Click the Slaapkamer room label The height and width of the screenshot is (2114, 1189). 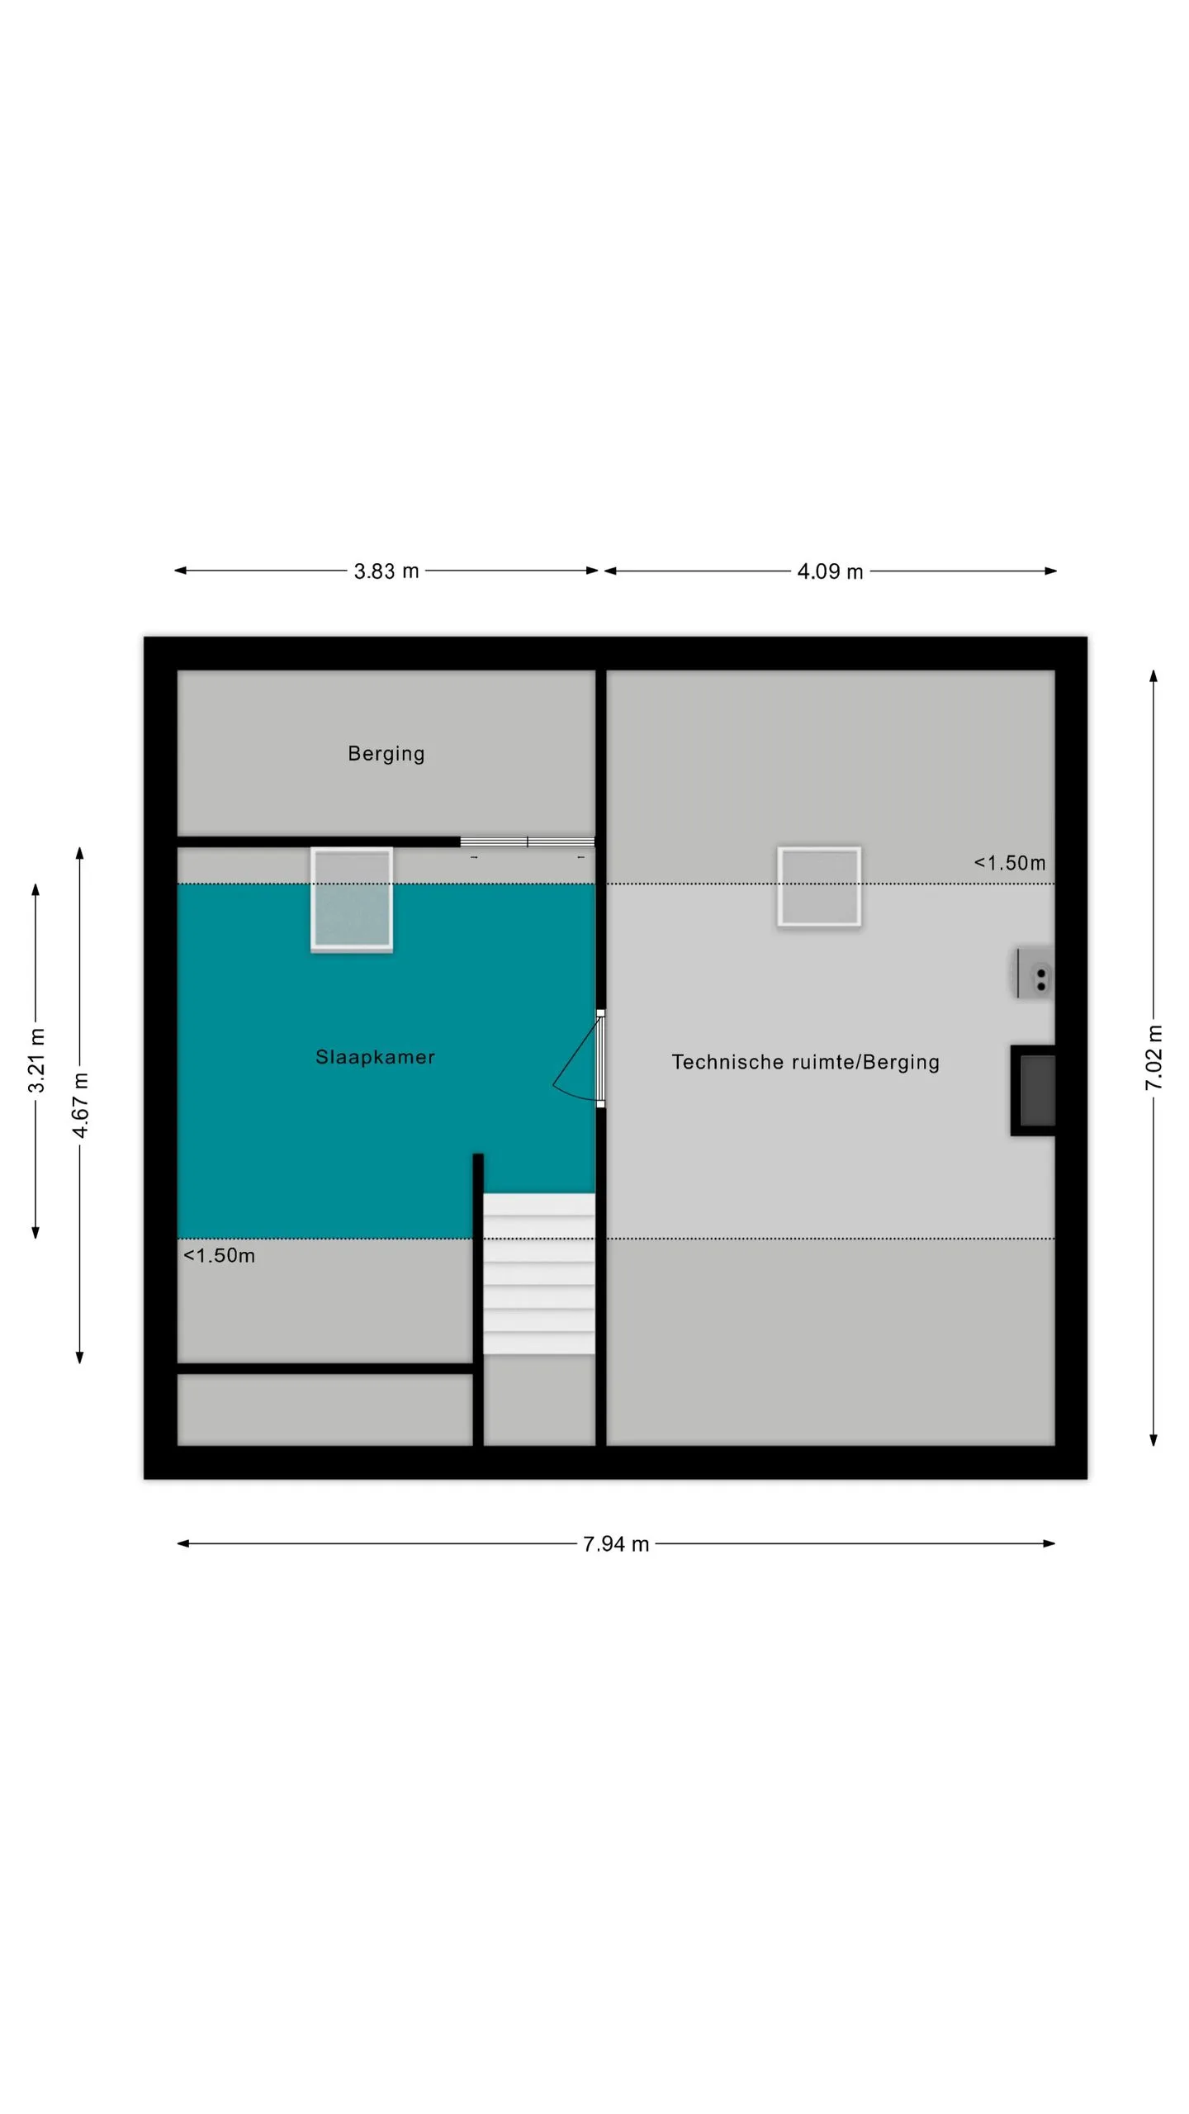point(375,1057)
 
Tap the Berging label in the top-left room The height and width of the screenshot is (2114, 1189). point(386,754)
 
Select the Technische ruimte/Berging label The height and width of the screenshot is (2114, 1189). point(805,1062)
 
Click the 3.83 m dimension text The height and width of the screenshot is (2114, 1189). point(386,571)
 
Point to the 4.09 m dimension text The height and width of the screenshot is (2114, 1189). point(830,571)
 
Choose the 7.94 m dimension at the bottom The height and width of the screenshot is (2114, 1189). point(616,1543)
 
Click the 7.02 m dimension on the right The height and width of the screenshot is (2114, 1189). point(1153,1058)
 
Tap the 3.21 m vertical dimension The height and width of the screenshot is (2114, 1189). point(36,1060)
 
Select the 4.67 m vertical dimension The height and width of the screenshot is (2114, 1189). point(80,1105)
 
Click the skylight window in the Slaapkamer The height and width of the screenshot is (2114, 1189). point(352,899)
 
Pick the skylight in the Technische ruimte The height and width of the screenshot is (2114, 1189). point(819,886)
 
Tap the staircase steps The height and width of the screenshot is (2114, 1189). point(538,1273)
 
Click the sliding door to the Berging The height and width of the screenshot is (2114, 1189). point(527,841)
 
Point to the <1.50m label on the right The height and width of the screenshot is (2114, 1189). point(1009,863)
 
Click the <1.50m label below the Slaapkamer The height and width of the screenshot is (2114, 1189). point(219,1255)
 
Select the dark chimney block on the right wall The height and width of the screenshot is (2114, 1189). point(1033,1090)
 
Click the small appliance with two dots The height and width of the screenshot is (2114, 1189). point(1032,974)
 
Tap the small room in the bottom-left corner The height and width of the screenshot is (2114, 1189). point(324,1410)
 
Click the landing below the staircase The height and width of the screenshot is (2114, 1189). point(539,1400)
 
